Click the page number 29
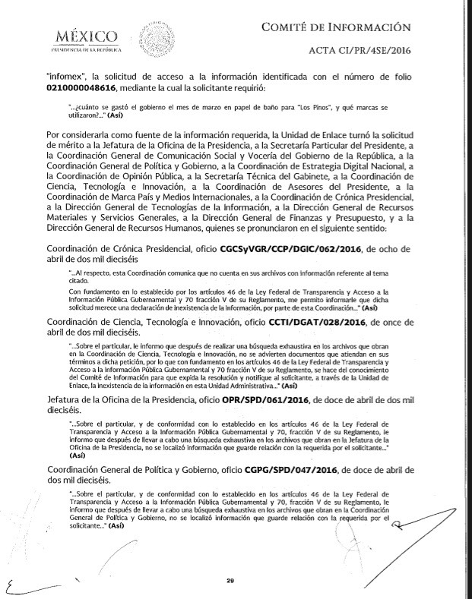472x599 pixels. (230, 582)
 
